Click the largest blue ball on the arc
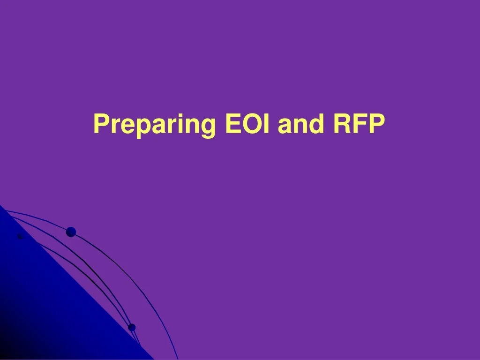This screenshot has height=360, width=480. pos(71,232)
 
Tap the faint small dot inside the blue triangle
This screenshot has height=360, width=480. pos(20,236)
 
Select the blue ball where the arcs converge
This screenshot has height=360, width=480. pos(132,327)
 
